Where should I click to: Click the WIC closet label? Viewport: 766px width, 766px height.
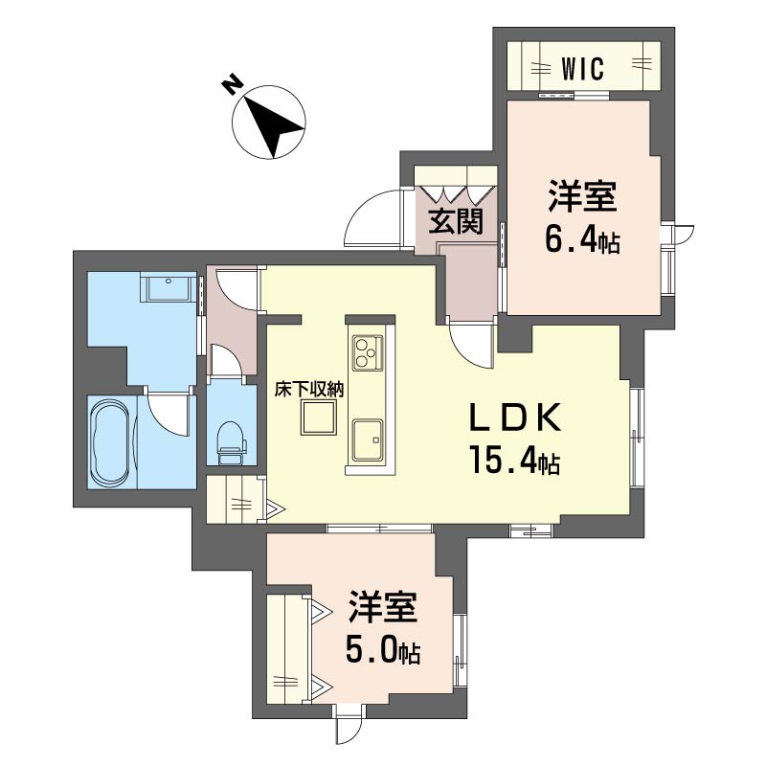pyautogui.click(x=583, y=68)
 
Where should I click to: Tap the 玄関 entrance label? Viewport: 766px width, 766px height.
pyautogui.click(x=456, y=221)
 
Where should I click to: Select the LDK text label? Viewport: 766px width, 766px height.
pyautogui.click(x=515, y=418)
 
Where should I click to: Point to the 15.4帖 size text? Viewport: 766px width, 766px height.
pyautogui.click(x=514, y=461)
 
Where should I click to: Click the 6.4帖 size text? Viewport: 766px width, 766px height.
pyautogui.click(x=582, y=240)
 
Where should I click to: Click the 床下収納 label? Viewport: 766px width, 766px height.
pyautogui.click(x=309, y=390)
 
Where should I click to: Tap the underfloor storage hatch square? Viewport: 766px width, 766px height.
pyautogui.click(x=319, y=417)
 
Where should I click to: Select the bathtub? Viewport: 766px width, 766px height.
pyautogui.click(x=112, y=441)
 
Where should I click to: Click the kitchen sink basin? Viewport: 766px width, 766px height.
pyautogui.click(x=368, y=439)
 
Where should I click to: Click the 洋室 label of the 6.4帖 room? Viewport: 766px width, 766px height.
pyautogui.click(x=582, y=197)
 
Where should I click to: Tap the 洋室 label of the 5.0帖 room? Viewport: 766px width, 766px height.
pyautogui.click(x=383, y=607)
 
